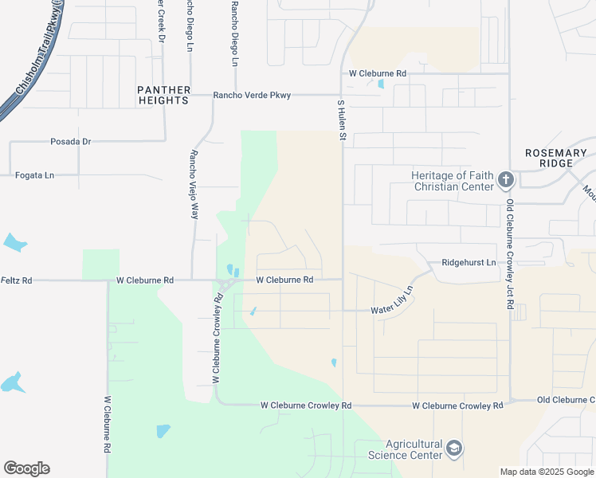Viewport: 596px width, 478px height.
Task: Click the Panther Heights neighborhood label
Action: point(163,95)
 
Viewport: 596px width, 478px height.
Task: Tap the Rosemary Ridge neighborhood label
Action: point(560,158)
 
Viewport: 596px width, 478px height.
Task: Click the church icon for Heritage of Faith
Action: point(505,180)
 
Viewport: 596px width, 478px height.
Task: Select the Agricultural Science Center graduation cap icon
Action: point(454,449)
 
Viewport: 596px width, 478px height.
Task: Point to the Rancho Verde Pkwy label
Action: point(252,96)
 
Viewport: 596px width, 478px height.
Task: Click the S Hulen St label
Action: point(341,120)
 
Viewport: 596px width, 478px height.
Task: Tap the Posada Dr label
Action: point(71,142)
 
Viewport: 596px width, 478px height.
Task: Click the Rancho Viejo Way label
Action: point(193,184)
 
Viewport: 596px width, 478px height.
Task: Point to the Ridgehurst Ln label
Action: point(469,262)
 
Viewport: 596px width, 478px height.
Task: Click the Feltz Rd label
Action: point(17,280)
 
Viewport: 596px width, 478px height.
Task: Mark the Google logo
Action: point(26,468)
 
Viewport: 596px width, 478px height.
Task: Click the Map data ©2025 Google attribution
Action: point(547,472)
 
